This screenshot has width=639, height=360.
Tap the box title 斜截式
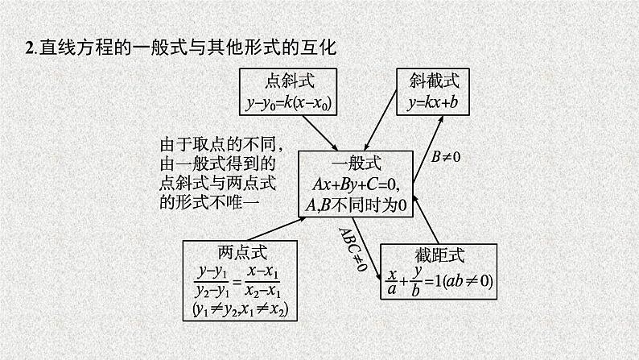pos(439,81)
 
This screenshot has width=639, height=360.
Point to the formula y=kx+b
pos(439,102)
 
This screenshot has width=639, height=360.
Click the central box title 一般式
pos(355,163)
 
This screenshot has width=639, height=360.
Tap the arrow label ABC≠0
pos(352,248)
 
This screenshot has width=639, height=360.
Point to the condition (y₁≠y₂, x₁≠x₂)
pos(239,309)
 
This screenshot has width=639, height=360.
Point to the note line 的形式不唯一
pos(208,202)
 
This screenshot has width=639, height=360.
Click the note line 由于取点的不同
pos(219,145)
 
